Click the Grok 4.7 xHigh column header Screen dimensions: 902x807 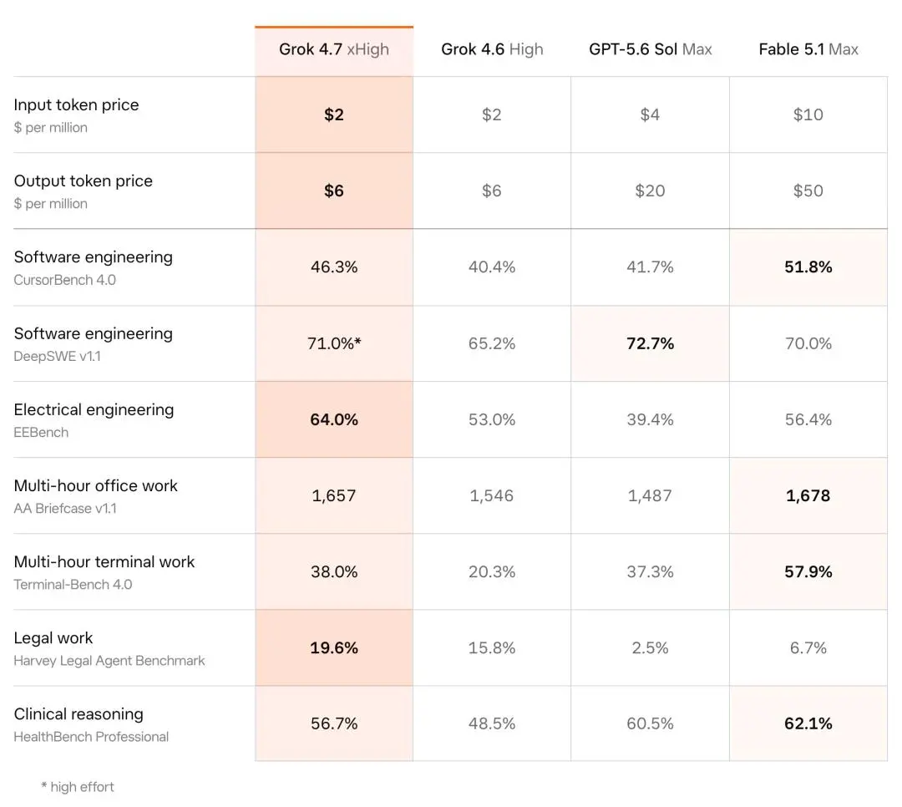[333, 49]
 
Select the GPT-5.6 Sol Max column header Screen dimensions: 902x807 [650, 49]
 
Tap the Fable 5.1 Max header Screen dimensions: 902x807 [808, 49]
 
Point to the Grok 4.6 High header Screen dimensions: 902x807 [492, 49]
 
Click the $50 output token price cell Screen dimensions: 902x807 [808, 190]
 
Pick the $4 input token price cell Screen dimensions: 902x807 [650, 114]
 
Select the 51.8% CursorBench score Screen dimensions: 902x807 [808, 267]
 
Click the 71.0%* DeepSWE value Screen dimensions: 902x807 [334, 343]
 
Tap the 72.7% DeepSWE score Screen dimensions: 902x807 [650, 343]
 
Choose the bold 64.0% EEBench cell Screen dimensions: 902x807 [334, 419]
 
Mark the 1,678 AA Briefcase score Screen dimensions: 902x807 [808, 495]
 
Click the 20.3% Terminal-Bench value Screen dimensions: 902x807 [492, 571]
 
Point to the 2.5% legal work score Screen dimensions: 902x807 [650, 648]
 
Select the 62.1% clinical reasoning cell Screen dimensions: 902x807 [808, 723]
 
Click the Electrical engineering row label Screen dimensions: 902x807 [94, 410]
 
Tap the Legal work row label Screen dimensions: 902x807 [53, 637]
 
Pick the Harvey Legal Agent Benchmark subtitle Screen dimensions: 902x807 [109, 661]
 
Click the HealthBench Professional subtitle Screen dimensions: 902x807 [91, 737]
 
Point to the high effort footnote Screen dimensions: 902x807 [78, 787]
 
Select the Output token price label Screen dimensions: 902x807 [84, 181]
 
